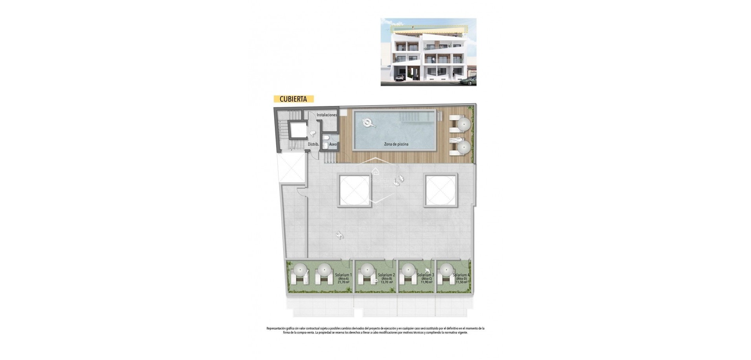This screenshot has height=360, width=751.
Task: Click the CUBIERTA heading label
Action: tap(293, 99)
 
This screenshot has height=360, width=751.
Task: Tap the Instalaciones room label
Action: tap(327, 115)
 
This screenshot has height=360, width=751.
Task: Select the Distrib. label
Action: tap(313, 144)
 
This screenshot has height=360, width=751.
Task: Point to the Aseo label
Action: tap(333, 144)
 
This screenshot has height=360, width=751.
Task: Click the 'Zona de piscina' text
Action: tap(396, 144)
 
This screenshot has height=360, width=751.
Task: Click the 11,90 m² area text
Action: tap(426, 282)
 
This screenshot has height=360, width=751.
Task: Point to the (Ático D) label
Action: tap(462, 279)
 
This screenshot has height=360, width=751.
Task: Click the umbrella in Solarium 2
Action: tap(367, 270)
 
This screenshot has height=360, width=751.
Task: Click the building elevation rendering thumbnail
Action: tap(428, 52)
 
